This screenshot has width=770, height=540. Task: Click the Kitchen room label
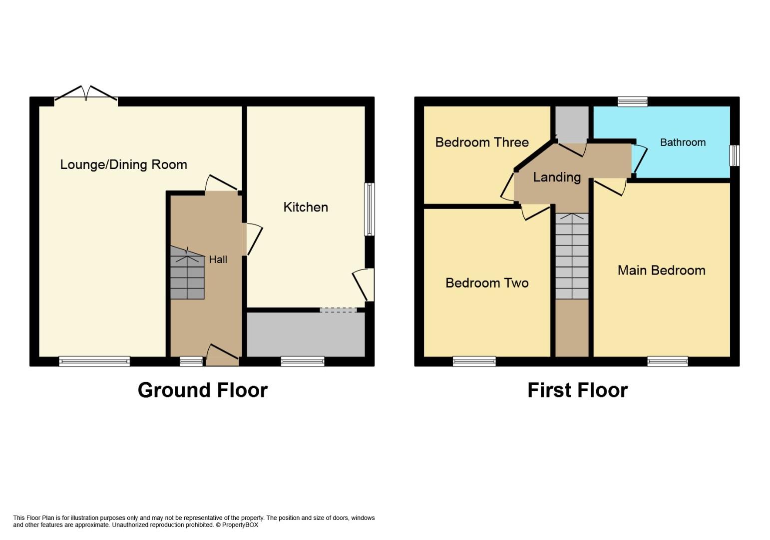click(x=306, y=207)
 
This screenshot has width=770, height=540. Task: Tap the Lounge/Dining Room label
click(x=124, y=164)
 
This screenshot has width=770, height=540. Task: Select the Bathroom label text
click(x=683, y=142)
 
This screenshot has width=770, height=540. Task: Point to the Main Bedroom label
click(x=661, y=270)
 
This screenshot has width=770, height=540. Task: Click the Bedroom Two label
click(x=487, y=283)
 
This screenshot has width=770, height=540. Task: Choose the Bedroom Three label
click(x=482, y=142)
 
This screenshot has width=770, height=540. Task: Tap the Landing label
click(x=557, y=177)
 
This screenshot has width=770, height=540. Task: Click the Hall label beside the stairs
click(x=218, y=259)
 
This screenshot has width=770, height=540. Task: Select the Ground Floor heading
click(x=203, y=390)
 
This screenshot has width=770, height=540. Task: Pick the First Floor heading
click(x=577, y=390)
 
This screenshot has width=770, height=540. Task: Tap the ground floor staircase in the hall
click(x=187, y=272)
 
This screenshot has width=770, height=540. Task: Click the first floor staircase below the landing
click(x=572, y=256)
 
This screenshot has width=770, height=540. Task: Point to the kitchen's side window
click(x=370, y=209)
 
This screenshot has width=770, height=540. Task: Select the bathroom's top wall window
click(x=633, y=101)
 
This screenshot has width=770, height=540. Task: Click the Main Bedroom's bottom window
click(x=668, y=361)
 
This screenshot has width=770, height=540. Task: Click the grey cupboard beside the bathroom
click(x=572, y=124)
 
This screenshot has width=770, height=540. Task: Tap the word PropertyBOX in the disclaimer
click(x=240, y=525)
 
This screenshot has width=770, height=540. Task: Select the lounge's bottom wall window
click(x=94, y=361)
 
